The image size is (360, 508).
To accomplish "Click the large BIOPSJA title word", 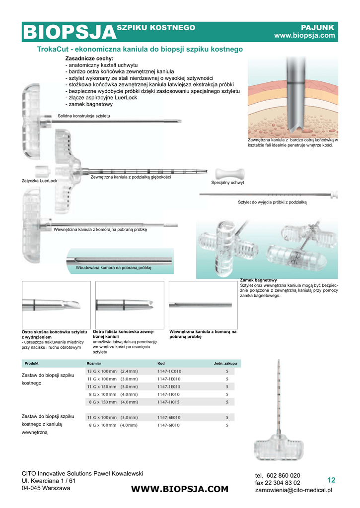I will (x=69, y=33).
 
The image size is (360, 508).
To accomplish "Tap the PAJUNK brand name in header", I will (x=318, y=27).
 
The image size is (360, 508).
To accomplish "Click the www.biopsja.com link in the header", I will (x=305, y=36).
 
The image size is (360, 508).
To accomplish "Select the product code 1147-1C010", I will (x=169, y=371).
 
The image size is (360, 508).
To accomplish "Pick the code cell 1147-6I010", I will (x=169, y=425).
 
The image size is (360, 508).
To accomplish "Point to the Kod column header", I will (x=161, y=364).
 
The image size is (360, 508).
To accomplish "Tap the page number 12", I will (x=331, y=480).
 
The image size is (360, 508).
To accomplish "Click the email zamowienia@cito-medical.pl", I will (x=293, y=490).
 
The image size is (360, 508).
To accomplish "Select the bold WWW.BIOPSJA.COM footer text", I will (x=180, y=489).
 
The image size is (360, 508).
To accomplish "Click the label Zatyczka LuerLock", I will (x=39, y=181).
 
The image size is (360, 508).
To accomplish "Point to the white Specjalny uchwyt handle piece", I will (x=228, y=174).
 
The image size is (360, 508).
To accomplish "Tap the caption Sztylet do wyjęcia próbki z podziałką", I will (x=273, y=202).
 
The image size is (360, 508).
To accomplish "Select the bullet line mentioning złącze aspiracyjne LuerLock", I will (x=101, y=98).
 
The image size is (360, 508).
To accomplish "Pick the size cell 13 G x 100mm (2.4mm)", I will (x=113, y=371).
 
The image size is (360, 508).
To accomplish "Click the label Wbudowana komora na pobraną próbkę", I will (x=113, y=268).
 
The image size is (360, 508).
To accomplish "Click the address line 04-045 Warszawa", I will (x=46, y=488).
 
